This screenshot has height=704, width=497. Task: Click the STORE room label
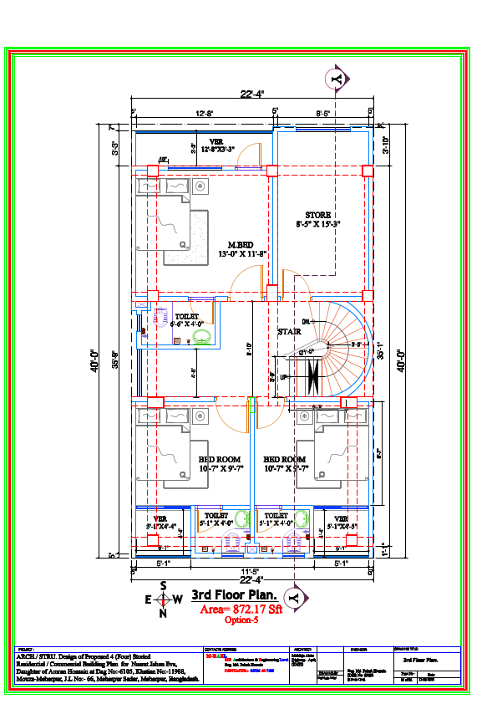318,215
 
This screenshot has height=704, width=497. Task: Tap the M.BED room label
241,244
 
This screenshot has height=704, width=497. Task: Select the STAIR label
289,332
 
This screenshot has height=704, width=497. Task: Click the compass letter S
163,586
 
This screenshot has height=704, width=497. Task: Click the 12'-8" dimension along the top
205,112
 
